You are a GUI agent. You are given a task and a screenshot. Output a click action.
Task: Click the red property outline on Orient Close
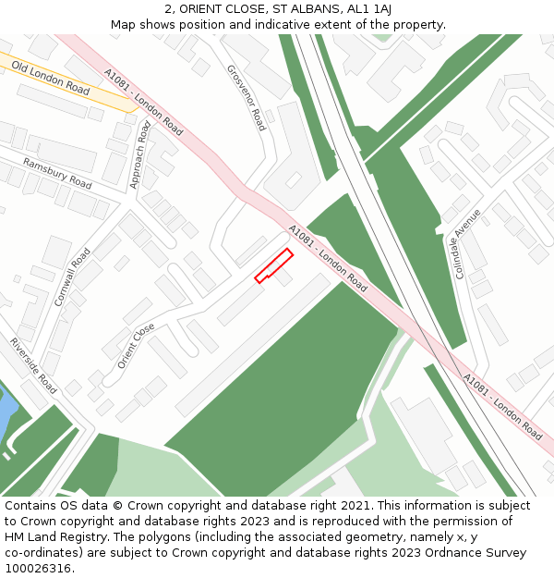pyautogui.click(x=273, y=264)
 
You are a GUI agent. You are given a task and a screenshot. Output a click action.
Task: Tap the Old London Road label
pyautogui.click(x=52, y=80)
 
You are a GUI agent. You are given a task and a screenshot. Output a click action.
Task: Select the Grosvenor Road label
pyautogui.click(x=246, y=97)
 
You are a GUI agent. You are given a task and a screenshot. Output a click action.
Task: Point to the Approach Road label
pyautogui.click(x=140, y=154)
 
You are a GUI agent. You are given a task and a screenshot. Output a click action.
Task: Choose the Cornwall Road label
pyautogui.click(x=72, y=277)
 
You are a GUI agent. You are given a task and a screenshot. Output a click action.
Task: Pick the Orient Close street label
pyautogui.click(x=136, y=346)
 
